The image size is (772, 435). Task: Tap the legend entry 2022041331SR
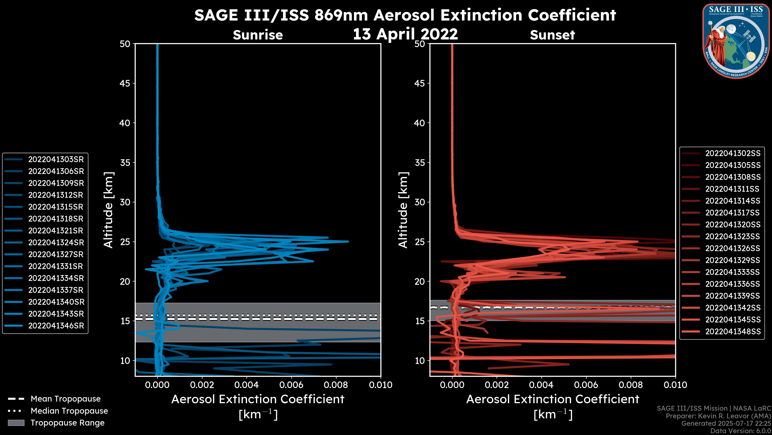point(55,266)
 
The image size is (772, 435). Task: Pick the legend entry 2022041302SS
point(733,153)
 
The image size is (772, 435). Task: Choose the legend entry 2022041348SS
point(733,331)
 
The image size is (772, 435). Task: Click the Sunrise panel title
point(258,35)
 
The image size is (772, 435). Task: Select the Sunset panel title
point(552,35)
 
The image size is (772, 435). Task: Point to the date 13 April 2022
point(405,34)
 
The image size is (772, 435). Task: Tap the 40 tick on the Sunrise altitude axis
point(125,123)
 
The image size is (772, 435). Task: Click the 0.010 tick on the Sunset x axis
point(675,385)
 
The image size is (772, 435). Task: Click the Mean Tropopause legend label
point(66,399)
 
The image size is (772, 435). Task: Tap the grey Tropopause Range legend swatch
point(16,423)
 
